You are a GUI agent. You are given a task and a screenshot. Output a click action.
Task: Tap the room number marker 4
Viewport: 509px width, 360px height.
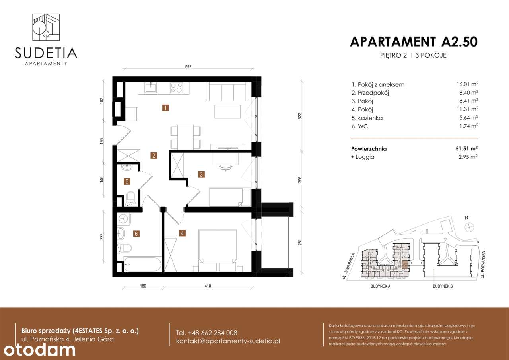pos(182,234)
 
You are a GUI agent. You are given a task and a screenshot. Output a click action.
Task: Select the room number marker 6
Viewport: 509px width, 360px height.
pos(136,234)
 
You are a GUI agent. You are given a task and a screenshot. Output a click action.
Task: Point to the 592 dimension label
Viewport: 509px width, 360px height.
pos(188,67)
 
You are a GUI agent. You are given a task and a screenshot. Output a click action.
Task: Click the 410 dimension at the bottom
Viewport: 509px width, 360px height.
pos(207,286)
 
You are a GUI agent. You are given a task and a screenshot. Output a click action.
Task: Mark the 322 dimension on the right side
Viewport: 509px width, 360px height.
pos(300,116)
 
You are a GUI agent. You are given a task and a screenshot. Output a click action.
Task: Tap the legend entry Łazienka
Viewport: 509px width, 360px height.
pos(367,118)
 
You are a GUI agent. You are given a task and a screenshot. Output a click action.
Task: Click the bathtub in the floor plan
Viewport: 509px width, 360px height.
pos(143,265)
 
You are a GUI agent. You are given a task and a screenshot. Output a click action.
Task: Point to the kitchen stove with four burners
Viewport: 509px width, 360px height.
pos(176,88)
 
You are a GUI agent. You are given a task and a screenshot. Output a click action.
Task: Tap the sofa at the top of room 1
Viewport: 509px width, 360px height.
pos(228,92)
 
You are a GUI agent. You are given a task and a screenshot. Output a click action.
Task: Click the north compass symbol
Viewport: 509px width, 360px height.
pos(469,226)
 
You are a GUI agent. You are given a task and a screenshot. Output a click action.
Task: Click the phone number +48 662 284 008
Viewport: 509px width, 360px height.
pos(206,333)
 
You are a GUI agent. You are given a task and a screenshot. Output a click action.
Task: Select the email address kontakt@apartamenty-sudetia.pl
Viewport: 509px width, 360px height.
pos(228,341)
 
